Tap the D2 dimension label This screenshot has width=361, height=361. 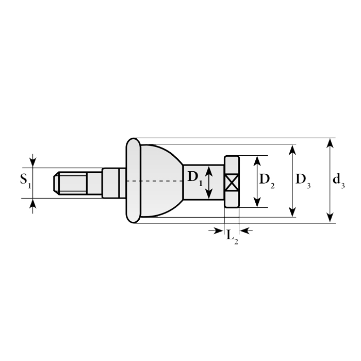click(267, 180)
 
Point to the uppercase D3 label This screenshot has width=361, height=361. click(303, 180)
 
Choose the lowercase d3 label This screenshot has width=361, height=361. click(338, 180)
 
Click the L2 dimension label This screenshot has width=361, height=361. click(232, 236)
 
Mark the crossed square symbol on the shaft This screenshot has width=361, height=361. click(231, 182)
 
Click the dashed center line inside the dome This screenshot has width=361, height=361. click(155, 181)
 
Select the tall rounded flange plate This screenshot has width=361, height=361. click(133, 180)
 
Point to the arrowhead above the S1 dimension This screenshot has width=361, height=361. click(32, 161)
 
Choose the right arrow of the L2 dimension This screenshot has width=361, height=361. click(246, 231)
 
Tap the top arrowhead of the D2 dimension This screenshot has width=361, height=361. click(257, 160)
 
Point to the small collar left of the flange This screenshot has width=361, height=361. click(113, 183)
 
